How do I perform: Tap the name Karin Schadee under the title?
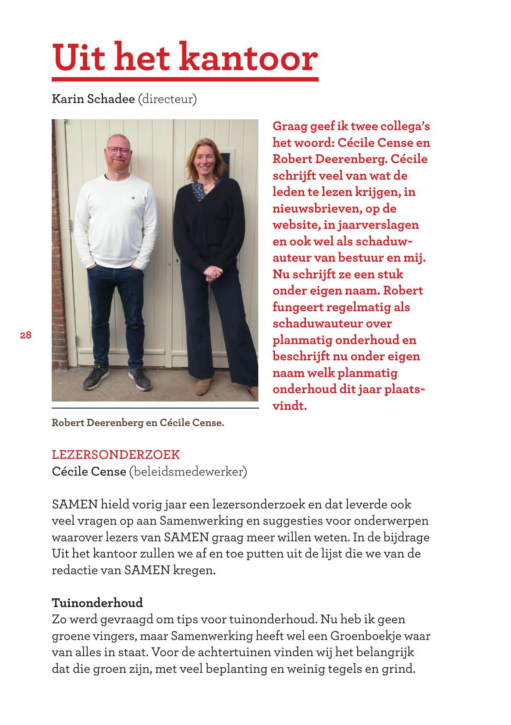pos(93,99)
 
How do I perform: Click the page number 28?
pos(26,335)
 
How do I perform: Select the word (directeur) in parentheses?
pos(167,99)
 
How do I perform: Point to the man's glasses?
pos(119,151)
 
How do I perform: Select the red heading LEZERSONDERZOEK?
pos(116,455)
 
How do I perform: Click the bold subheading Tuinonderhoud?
pos(97,603)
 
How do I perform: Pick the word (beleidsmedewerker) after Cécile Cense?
pos(188,472)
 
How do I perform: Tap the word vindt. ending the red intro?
pos(290,406)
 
